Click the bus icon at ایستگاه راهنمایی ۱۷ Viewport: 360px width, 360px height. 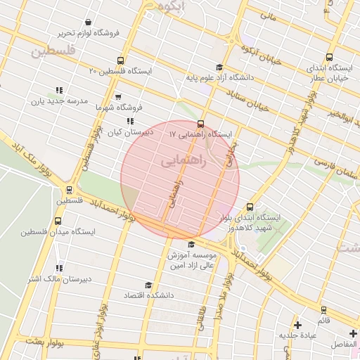[202, 123]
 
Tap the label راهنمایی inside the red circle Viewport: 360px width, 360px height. [184, 161]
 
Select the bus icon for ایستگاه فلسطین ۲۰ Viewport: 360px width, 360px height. [120, 61]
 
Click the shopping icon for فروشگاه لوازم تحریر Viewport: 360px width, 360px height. [87, 22]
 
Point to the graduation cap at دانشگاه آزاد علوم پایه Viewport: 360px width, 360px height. [219, 68]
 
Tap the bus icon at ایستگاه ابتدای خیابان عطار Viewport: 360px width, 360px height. [329, 58]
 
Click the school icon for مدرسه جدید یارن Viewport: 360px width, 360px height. [59, 90]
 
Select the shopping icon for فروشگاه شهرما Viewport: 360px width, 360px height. [117, 97]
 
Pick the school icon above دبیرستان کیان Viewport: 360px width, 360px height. [130, 121]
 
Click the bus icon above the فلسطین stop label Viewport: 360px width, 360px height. [69, 189]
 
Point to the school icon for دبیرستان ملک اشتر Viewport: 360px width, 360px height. [59, 268]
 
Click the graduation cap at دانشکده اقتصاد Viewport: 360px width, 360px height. [148, 285]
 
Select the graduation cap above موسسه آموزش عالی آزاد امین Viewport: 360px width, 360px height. [191, 244]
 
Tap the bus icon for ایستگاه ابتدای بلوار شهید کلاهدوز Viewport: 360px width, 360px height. [250, 207]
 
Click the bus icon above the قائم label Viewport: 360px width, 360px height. [323, 309]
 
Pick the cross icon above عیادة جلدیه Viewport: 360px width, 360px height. [298, 325]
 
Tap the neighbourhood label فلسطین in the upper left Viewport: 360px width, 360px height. [51, 51]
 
